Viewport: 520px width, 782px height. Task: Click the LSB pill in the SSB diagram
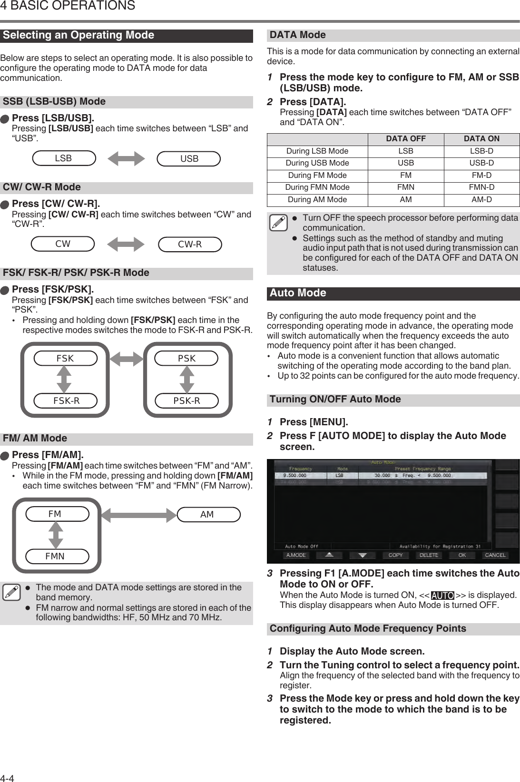click(x=64, y=158)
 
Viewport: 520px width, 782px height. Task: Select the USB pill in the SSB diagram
click(x=189, y=158)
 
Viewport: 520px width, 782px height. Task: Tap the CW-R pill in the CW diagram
click(x=190, y=244)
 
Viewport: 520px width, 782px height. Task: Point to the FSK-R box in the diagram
click(x=66, y=401)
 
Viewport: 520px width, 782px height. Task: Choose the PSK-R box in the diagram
click(x=186, y=401)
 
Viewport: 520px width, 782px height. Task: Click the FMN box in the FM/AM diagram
click(x=55, y=556)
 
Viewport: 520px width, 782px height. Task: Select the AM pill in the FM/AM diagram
click(x=207, y=514)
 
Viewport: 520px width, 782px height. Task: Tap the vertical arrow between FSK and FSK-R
click(x=64, y=379)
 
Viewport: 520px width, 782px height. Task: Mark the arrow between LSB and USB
click(x=126, y=159)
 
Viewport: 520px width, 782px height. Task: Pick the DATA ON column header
click(x=481, y=139)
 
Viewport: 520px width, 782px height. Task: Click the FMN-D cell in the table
click(x=481, y=187)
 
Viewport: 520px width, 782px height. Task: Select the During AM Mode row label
click(x=317, y=200)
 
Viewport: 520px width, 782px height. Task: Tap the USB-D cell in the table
click(x=481, y=163)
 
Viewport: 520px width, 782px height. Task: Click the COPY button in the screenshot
click(x=395, y=555)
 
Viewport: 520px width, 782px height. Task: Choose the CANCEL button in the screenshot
click(x=495, y=555)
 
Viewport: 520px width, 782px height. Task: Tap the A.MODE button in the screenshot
click(x=295, y=555)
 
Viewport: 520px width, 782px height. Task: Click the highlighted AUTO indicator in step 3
click(x=442, y=596)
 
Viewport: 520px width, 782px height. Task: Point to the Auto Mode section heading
click(x=298, y=293)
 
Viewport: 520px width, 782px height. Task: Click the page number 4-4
click(x=8, y=778)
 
